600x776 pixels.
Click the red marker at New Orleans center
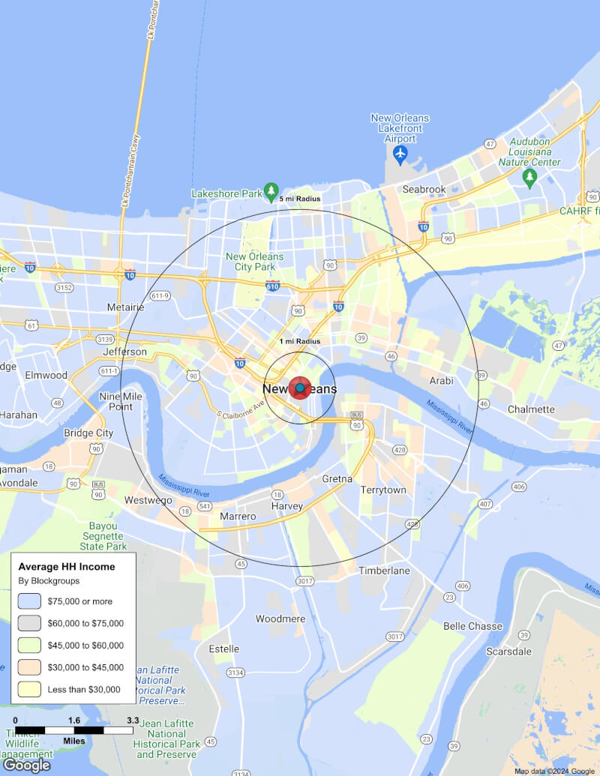299,388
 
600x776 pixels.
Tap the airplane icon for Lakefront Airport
400,154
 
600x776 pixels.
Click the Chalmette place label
531,409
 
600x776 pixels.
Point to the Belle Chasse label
472,626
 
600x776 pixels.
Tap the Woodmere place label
280,619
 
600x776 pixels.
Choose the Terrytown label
382,490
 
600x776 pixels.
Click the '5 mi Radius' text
300,199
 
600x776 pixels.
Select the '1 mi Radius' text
300,342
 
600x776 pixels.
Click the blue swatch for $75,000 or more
29,601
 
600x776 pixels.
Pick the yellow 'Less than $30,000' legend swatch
29,690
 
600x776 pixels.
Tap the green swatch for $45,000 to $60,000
29,645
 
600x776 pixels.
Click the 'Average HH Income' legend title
67,567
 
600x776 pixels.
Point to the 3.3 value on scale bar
133,721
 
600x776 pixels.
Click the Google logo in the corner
26,765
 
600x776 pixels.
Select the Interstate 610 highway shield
273,286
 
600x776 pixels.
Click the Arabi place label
441,381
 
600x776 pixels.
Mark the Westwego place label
148,500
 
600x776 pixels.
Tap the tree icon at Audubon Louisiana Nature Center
530,178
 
